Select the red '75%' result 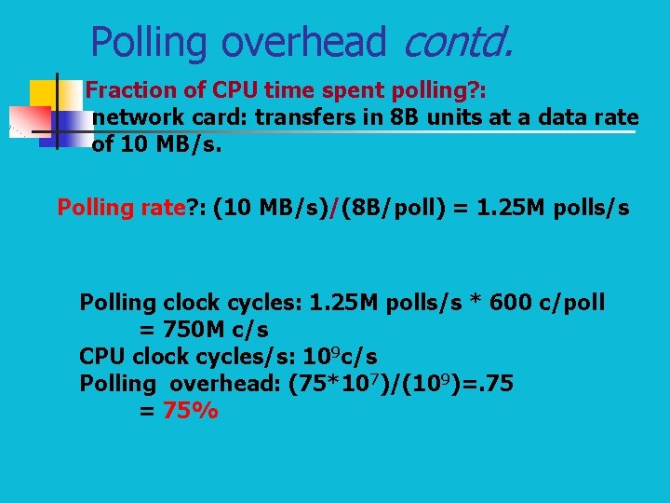(x=190, y=411)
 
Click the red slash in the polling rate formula (x=337, y=208)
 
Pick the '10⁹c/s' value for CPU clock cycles (x=340, y=357)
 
